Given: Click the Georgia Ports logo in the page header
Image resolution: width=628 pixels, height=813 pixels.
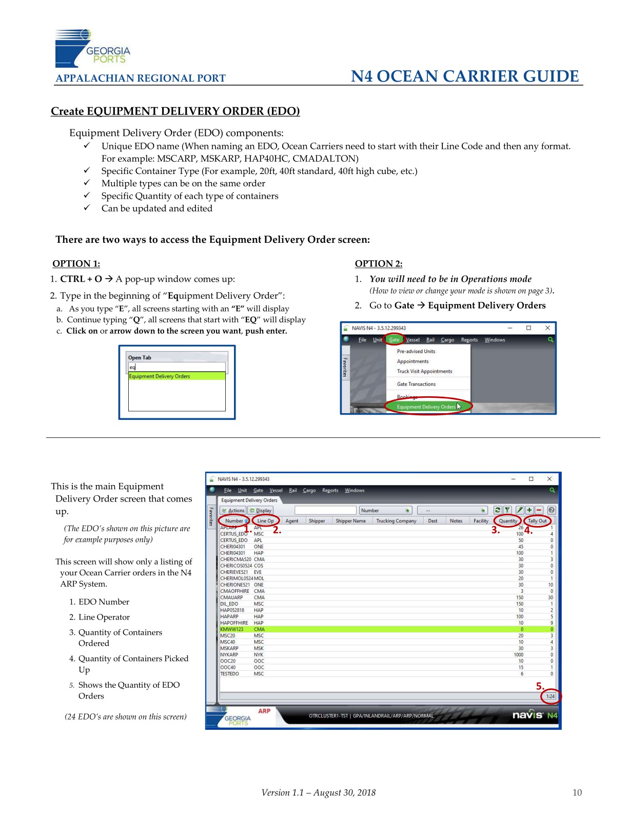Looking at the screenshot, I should point(92,48).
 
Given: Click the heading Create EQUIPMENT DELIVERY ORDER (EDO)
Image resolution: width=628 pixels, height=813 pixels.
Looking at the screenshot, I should point(175,111).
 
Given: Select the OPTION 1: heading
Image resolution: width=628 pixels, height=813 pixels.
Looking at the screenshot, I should point(76,264).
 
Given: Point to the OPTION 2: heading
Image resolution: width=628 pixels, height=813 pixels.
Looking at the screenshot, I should point(378,264).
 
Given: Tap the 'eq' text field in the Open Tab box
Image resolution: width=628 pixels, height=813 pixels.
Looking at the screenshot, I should point(176,367).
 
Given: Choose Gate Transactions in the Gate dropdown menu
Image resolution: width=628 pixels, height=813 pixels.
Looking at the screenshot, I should point(416,384).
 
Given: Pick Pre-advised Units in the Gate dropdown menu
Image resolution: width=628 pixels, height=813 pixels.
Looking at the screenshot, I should point(416,352).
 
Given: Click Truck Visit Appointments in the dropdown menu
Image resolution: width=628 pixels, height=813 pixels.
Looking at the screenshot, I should point(424,371).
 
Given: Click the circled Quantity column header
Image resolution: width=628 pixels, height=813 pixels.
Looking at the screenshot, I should point(508,520).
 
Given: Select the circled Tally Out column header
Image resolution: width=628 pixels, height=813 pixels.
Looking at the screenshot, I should point(537,520).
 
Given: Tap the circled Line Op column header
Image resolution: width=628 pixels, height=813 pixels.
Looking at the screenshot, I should point(265,520).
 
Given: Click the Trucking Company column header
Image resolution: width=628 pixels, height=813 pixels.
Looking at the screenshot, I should point(396,520).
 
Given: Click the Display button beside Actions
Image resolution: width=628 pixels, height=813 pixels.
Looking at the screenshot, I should point(261,510).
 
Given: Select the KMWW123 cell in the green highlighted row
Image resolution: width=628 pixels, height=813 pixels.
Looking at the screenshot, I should point(232,629).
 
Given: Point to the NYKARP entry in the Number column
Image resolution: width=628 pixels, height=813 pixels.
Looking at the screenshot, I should point(229,654).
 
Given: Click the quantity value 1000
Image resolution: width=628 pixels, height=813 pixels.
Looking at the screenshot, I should point(518,654).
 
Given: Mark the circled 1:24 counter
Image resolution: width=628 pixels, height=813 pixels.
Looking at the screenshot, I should point(551,696).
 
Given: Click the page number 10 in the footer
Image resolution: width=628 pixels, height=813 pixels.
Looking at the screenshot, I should point(577,792).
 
